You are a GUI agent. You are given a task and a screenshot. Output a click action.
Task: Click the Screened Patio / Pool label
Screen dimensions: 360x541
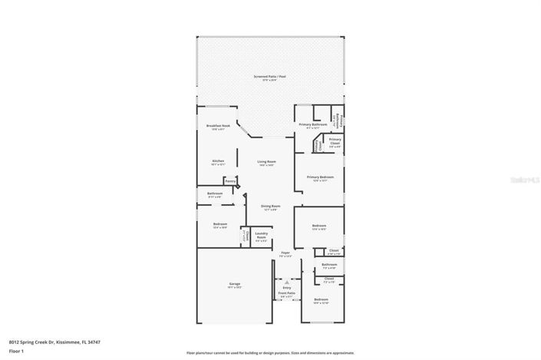coord(270,77)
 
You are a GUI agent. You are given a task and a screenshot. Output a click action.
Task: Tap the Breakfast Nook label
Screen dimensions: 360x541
coord(218,126)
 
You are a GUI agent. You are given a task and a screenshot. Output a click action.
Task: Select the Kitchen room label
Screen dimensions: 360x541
coord(218,162)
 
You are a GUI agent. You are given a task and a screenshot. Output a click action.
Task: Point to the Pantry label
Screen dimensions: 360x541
coord(230,181)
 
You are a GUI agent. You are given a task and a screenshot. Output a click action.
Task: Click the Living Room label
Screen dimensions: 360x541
coord(266,162)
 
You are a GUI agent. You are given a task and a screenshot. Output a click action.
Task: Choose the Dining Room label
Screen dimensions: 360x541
coord(270,206)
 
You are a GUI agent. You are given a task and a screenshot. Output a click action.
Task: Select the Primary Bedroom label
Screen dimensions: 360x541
coord(320,177)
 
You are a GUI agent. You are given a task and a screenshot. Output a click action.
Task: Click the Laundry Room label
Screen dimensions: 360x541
coord(261,236)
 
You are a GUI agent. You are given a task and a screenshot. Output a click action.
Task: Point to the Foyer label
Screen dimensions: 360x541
coord(285,253)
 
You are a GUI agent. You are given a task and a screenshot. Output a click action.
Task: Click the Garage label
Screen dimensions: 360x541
coord(234,284)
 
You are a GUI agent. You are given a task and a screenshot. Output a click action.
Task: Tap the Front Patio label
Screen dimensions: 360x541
coord(286,293)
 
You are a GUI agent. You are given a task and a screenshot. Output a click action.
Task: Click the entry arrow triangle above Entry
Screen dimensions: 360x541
coord(286,282)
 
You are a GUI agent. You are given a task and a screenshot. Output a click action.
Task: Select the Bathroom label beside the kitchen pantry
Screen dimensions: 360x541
coord(215,193)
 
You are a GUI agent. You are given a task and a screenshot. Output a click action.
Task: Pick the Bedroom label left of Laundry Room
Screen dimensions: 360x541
coord(220,224)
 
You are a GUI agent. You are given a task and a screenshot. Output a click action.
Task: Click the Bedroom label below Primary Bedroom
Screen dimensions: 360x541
coord(319,226)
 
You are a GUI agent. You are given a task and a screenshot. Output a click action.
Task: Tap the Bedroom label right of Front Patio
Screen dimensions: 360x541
coord(321,299)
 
